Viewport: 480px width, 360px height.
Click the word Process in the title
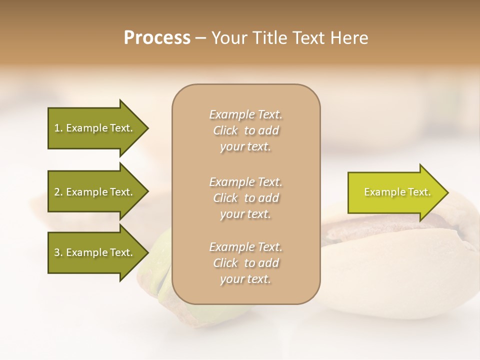(157, 38)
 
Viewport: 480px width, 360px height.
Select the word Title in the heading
(270, 38)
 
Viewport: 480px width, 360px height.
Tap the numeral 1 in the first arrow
(56, 128)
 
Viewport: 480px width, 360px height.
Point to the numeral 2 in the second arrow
(57, 192)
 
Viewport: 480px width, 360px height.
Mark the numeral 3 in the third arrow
(57, 252)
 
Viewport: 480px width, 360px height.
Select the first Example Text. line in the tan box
(245, 114)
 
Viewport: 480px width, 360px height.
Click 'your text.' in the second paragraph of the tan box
(245, 214)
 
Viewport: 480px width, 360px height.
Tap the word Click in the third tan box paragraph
(225, 263)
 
